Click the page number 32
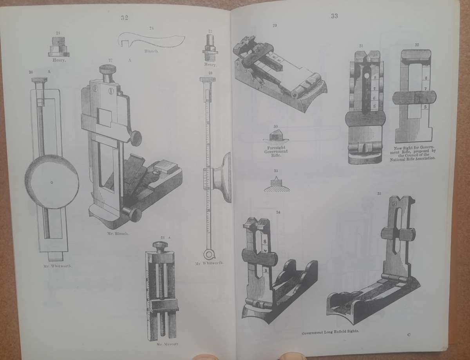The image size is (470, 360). tap(124, 18)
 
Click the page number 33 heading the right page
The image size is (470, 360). tap(334, 16)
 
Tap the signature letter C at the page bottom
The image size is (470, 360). tap(409, 334)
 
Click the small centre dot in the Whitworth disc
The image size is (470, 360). tap(52, 182)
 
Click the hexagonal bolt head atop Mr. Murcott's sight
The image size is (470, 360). tap(161, 246)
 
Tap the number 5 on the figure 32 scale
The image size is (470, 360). tap(425, 107)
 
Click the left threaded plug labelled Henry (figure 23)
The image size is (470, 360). tap(59, 50)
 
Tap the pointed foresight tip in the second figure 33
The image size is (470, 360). tap(277, 179)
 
